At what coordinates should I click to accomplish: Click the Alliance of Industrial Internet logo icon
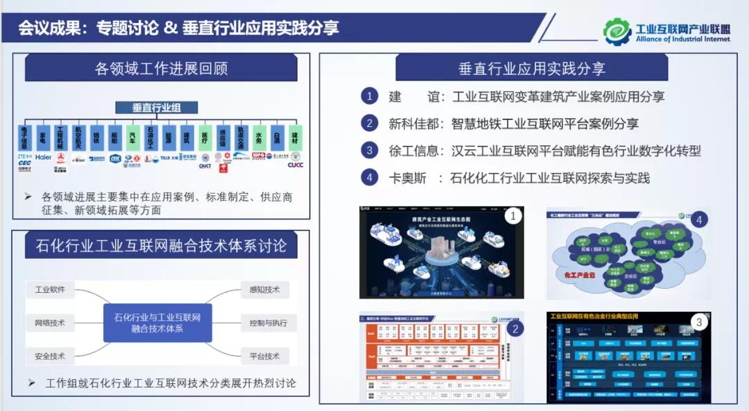(617, 31)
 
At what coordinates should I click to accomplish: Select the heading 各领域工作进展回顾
(161, 69)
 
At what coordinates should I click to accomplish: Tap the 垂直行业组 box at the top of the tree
(156, 108)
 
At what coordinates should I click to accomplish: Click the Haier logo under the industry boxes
(43, 158)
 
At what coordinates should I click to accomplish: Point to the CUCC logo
(295, 165)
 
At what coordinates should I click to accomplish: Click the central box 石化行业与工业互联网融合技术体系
(157, 323)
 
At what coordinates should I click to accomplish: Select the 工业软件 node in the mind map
(50, 290)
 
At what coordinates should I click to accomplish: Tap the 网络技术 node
(50, 323)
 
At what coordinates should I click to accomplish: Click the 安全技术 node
(50, 356)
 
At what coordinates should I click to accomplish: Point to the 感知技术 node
(264, 290)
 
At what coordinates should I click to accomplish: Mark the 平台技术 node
(264, 356)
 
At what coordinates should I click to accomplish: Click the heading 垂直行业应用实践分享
(531, 68)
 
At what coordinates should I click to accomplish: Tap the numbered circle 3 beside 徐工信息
(370, 151)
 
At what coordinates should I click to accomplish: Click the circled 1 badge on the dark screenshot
(513, 216)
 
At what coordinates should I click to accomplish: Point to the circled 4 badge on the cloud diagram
(699, 219)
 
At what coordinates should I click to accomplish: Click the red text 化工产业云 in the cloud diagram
(574, 275)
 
